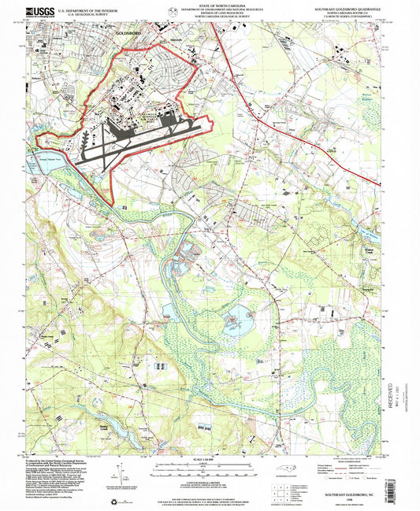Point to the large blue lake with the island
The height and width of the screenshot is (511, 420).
click(x=234, y=322)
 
